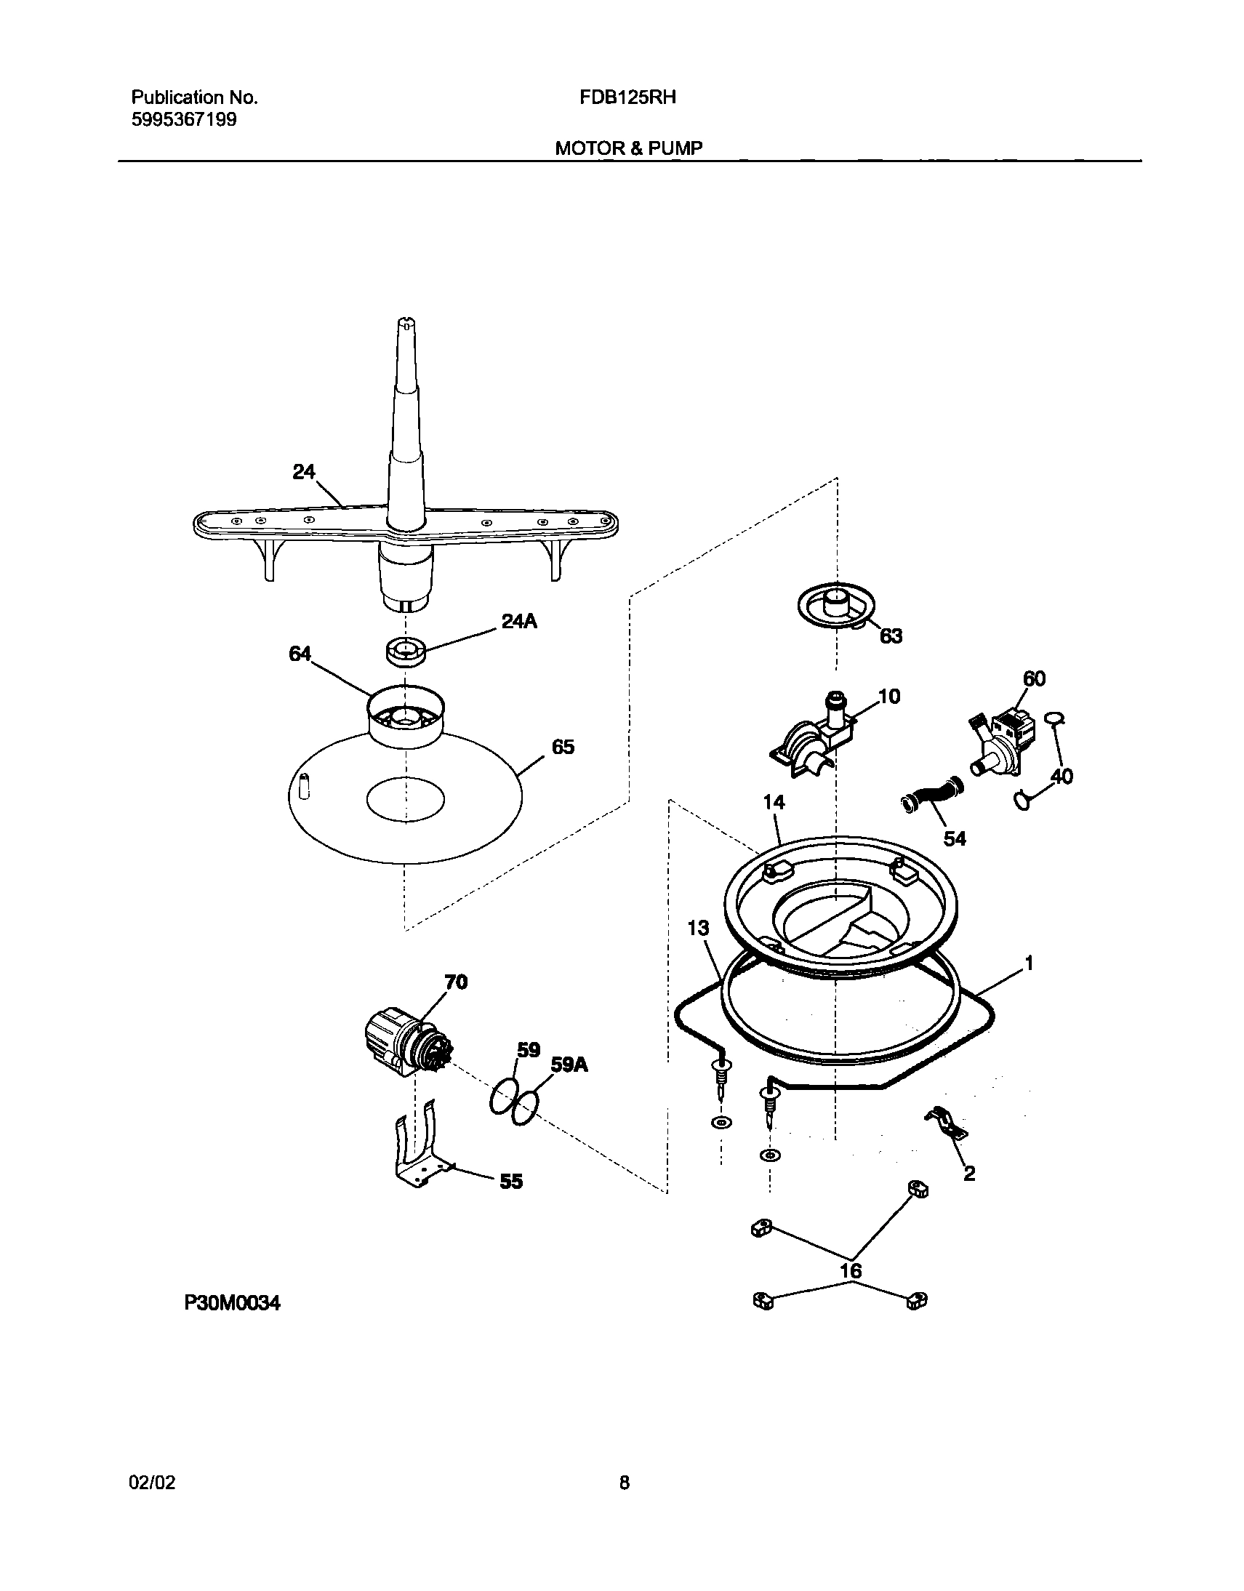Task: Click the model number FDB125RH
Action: (628, 97)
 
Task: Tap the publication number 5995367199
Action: (183, 119)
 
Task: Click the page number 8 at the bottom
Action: (625, 1483)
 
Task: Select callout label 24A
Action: (519, 622)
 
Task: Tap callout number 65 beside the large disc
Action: (563, 747)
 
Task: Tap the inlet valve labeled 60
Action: (1003, 741)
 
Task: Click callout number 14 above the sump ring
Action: (774, 802)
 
